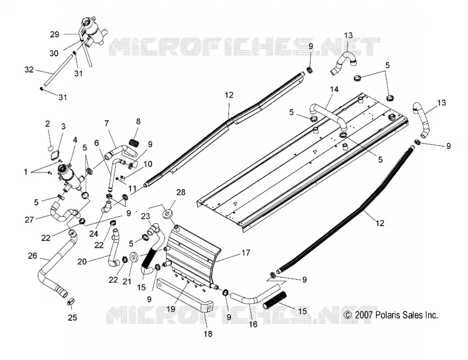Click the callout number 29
click(54, 34)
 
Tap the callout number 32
click(29, 70)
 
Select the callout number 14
click(334, 89)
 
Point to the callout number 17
click(246, 253)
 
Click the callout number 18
click(208, 334)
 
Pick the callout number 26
click(33, 255)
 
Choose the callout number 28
click(181, 192)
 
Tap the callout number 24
click(94, 234)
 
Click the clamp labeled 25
click(71, 302)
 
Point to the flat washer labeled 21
click(133, 257)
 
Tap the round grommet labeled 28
click(168, 214)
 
